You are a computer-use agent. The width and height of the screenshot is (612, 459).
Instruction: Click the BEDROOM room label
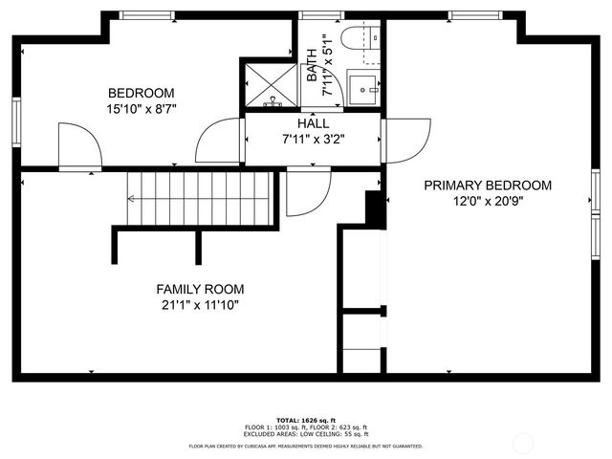(141, 93)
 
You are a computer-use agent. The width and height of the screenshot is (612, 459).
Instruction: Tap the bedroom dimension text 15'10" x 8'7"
(141, 108)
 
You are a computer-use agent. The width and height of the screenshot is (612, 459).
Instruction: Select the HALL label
(313, 123)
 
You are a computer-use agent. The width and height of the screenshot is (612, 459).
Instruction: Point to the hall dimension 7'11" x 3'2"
(313, 139)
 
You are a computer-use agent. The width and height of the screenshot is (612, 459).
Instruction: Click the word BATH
(313, 64)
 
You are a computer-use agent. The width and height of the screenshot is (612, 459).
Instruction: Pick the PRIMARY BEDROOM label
(488, 186)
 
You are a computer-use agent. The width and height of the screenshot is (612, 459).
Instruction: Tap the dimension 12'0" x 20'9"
(488, 201)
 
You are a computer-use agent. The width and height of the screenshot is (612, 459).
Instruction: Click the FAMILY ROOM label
(200, 289)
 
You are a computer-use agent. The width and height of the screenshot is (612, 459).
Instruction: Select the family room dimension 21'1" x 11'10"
(200, 305)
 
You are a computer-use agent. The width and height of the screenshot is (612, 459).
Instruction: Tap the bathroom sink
(362, 88)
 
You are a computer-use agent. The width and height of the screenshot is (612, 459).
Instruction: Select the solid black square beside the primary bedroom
(374, 208)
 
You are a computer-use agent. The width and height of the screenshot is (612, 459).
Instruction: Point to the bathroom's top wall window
(314, 15)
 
